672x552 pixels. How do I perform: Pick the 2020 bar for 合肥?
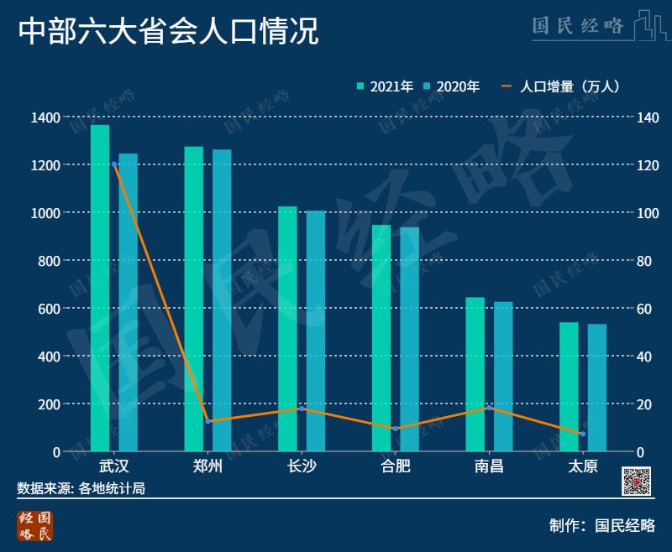click(x=409, y=339)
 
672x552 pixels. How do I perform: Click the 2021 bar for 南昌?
click(x=475, y=374)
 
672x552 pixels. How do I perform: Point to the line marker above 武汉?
click(x=114, y=164)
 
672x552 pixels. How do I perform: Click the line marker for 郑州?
click(x=207, y=420)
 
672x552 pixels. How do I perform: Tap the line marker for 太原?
click(x=582, y=434)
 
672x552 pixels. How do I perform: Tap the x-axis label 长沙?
click(x=302, y=466)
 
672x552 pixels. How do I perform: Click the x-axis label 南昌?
click(x=489, y=466)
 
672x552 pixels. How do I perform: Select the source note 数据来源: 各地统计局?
click(x=81, y=488)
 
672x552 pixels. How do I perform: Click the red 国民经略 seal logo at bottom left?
click(x=35, y=525)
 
